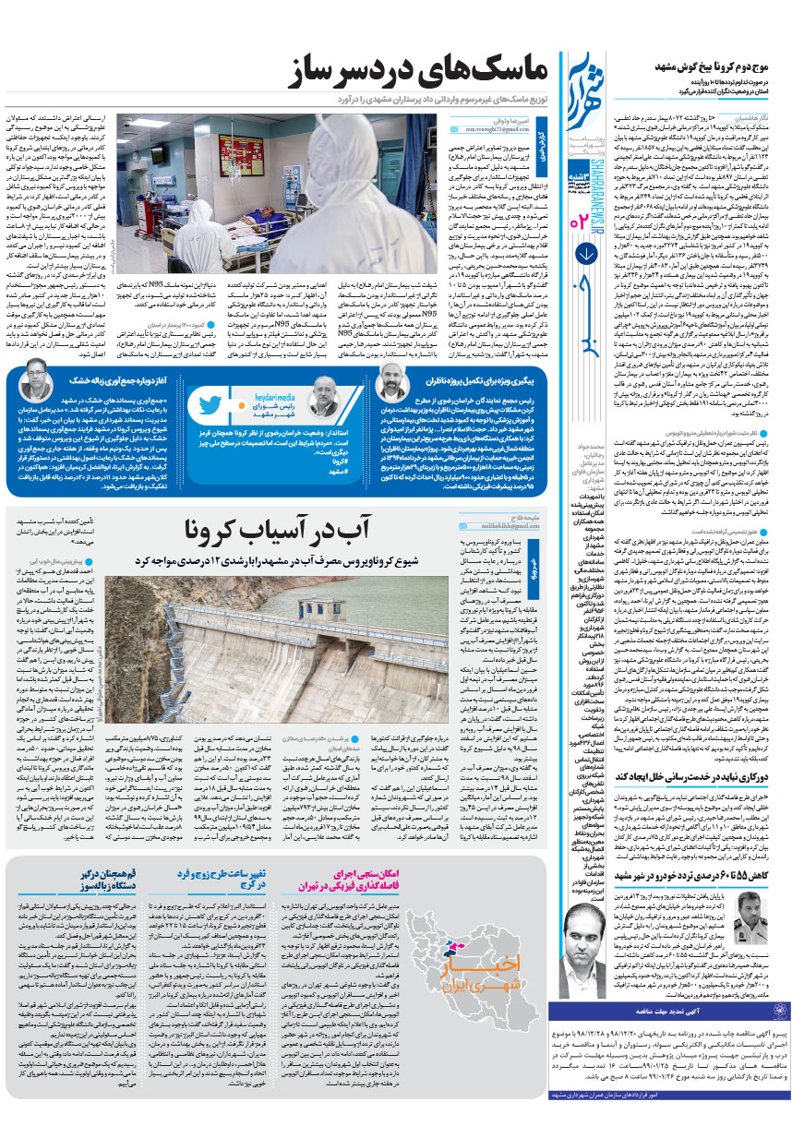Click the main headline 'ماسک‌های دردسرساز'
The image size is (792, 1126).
[406, 73]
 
